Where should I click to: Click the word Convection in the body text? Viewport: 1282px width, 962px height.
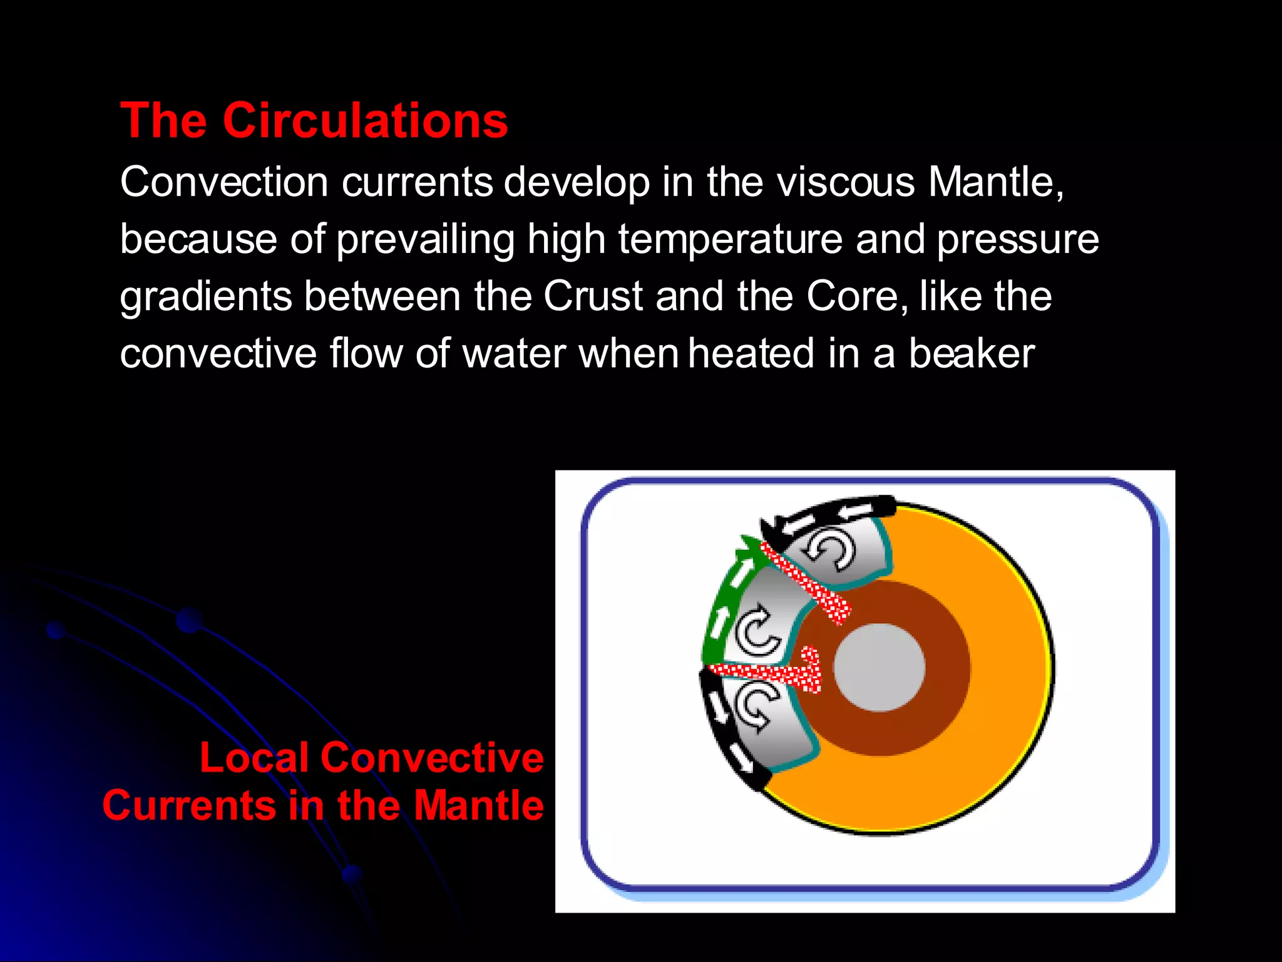point(224,182)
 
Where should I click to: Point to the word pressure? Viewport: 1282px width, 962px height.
point(1017,240)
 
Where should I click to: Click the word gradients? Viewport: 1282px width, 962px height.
point(206,297)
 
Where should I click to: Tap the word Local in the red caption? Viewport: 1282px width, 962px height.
point(254,758)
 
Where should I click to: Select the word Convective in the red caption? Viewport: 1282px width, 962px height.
point(432,758)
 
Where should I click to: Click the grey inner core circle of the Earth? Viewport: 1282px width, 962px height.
point(879,668)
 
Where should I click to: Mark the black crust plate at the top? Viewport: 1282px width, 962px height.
point(826,512)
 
